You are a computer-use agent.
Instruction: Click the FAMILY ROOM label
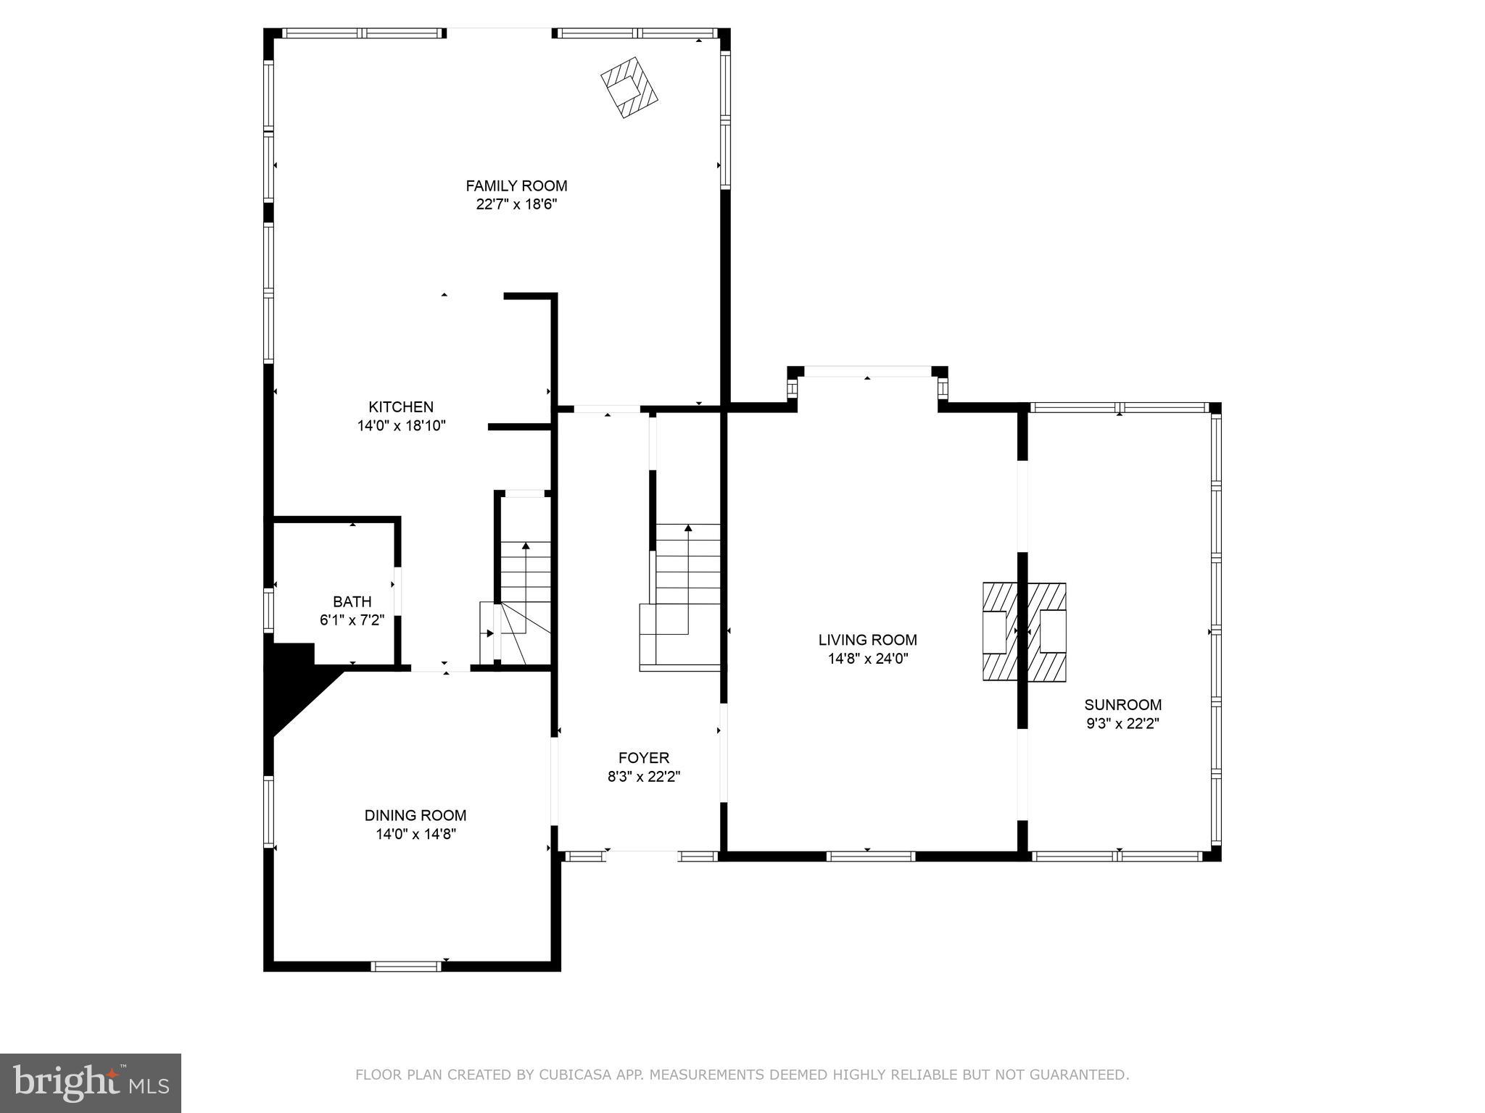(516, 185)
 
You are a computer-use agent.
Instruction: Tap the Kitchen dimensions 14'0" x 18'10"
(401, 426)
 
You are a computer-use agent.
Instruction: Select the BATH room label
(352, 601)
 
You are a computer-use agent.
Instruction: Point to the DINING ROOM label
(415, 815)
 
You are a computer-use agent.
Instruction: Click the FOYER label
(643, 758)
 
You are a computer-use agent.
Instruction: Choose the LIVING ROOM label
(867, 640)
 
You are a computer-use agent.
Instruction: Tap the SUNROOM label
(1122, 704)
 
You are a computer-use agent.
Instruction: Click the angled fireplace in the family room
(629, 88)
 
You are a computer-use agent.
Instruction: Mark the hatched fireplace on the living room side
(999, 632)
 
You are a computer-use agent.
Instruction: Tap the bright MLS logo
(91, 1083)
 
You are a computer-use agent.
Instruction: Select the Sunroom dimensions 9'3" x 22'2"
(1122, 723)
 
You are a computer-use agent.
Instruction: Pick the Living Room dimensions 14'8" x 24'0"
(867, 659)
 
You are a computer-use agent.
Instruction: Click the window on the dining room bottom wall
(406, 966)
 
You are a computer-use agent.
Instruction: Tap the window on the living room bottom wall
(870, 856)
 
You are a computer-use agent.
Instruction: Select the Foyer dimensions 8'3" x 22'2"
(643, 777)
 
